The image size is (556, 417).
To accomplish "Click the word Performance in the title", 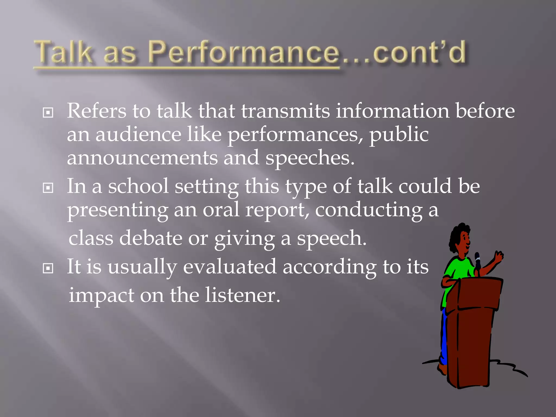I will (x=244, y=53).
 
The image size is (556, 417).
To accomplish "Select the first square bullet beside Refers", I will (x=48, y=112).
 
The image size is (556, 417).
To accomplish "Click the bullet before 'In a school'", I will (x=48, y=188).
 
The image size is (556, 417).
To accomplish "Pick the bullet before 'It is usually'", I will (x=48, y=268).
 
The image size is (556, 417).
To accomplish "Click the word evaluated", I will (x=230, y=267).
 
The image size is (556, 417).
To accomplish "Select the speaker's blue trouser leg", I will (x=444, y=339).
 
